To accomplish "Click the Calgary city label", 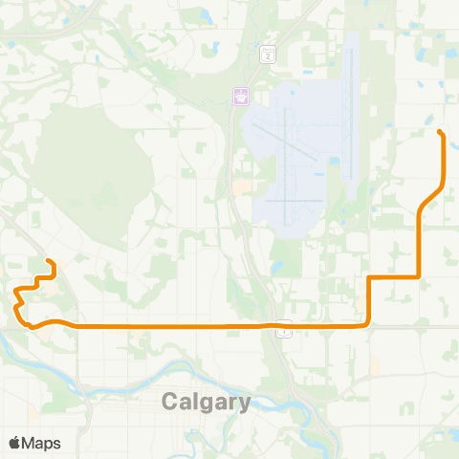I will tap(207, 401).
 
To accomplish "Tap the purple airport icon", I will tap(240, 96).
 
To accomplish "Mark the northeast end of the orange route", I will tap(439, 131).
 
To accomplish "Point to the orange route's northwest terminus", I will tap(47, 262).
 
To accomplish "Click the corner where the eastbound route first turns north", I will tap(369, 324).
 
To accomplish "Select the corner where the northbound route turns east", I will tap(369, 276).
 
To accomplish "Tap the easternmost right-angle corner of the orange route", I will tap(421, 276).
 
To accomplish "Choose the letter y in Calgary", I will tap(245, 404).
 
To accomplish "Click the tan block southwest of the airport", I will tap(240, 186).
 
